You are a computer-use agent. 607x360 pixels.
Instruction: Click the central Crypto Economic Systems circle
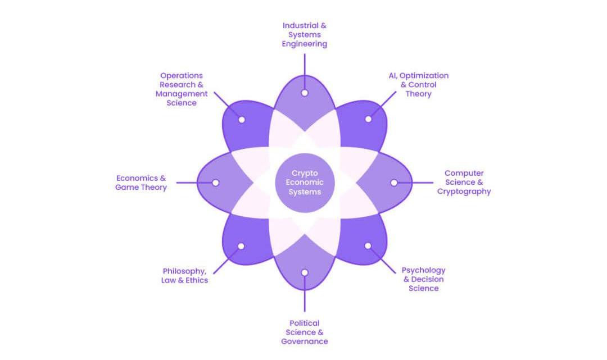pos(304,183)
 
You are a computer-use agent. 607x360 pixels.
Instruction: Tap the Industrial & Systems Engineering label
pos(304,34)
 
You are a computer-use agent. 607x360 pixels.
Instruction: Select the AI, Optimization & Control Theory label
pos(419,84)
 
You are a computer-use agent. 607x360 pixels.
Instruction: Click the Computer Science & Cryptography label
pos(464,183)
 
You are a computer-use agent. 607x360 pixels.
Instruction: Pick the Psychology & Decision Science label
pos(423,279)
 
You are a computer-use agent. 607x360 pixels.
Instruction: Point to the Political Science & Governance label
pos(304,332)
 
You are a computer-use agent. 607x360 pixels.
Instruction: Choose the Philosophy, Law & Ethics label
pos(185,275)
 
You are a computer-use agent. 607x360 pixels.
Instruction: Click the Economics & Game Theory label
pos(141,183)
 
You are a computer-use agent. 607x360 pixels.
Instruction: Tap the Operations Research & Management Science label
pos(182,89)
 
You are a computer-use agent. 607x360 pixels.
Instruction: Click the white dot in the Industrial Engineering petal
pos(304,93)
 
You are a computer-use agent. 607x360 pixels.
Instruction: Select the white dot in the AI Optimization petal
pos(368,119)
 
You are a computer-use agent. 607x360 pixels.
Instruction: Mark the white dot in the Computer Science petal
pos(393,183)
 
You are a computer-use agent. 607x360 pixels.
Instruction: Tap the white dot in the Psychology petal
pos(368,246)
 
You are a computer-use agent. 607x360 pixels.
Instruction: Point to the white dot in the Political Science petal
pos(304,272)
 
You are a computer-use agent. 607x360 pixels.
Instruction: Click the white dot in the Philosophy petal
pos(241,246)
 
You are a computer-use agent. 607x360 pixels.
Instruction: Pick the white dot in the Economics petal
pos(215,183)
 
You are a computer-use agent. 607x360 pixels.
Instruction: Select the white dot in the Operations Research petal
pos(241,120)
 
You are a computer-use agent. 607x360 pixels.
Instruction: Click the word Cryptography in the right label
pos(464,192)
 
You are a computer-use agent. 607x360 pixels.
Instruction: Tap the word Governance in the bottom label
pos(304,341)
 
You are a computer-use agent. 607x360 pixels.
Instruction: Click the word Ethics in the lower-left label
pos(197,280)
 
